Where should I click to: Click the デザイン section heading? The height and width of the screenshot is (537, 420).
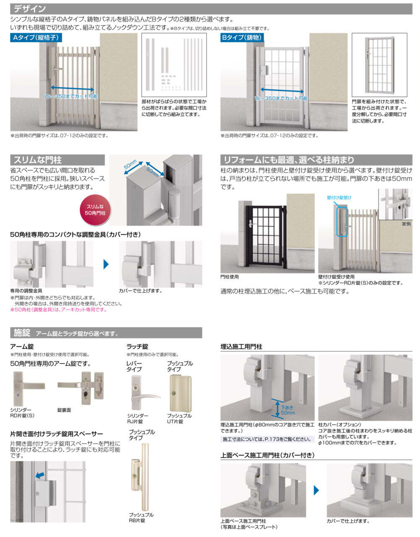pos(30,9)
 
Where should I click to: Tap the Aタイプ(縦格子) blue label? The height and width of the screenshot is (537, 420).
pos(36,38)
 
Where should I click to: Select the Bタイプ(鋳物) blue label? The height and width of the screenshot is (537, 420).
pos(242,38)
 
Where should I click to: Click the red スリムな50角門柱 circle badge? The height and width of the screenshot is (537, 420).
pos(95,210)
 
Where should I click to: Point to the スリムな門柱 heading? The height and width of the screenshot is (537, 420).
pos(38,160)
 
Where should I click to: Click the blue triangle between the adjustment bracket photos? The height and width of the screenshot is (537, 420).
pos(106,264)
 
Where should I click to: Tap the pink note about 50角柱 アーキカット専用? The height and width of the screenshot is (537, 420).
pos(58,310)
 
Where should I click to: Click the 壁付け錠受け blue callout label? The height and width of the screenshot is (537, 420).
pos(339,198)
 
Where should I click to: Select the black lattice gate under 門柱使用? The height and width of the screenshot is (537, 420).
pos(266,237)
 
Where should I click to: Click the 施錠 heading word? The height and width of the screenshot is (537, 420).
pos(22,333)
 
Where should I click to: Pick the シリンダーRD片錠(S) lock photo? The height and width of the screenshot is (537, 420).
pos(29,388)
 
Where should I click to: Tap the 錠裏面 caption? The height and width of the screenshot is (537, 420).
pos(64,410)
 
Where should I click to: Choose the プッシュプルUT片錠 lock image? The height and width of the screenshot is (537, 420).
pos(180,394)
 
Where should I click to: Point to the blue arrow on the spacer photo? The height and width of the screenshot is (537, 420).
pos(40,475)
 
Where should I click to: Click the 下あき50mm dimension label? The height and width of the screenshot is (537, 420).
pos(288,410)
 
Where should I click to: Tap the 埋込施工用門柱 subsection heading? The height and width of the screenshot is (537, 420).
pos(241,347)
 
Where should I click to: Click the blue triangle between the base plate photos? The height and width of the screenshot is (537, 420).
pos(316,490)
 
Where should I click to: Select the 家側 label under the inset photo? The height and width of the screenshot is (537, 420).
pos(406,224)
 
